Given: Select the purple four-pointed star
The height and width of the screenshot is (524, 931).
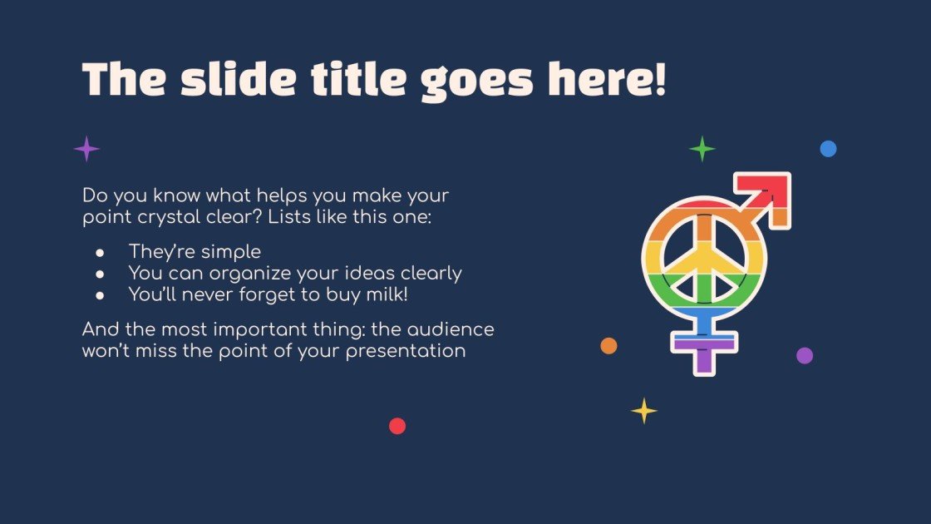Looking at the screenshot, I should (x=86, y=150).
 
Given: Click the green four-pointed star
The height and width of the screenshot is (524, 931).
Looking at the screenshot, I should (x=702, y=149).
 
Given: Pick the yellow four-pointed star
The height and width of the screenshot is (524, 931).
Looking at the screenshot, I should (x=644, y=410).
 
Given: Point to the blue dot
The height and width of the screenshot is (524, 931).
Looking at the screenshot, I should (x=828, y=149).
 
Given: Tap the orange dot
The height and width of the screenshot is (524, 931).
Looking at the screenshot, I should (x=608, y=346).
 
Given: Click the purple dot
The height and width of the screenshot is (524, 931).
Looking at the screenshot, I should (x=805, y=355).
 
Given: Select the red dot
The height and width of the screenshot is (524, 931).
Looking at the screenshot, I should (x=397, y=426).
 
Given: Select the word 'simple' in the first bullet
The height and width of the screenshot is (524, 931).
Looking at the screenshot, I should (x=229, y=252).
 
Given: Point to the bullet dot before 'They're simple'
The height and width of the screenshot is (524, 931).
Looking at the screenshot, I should (x=100, y=252).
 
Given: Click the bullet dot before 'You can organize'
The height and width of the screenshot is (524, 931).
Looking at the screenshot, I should (x=100, y=273).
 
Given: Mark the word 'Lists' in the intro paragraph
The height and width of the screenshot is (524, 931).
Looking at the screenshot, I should (x=320, y=218).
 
